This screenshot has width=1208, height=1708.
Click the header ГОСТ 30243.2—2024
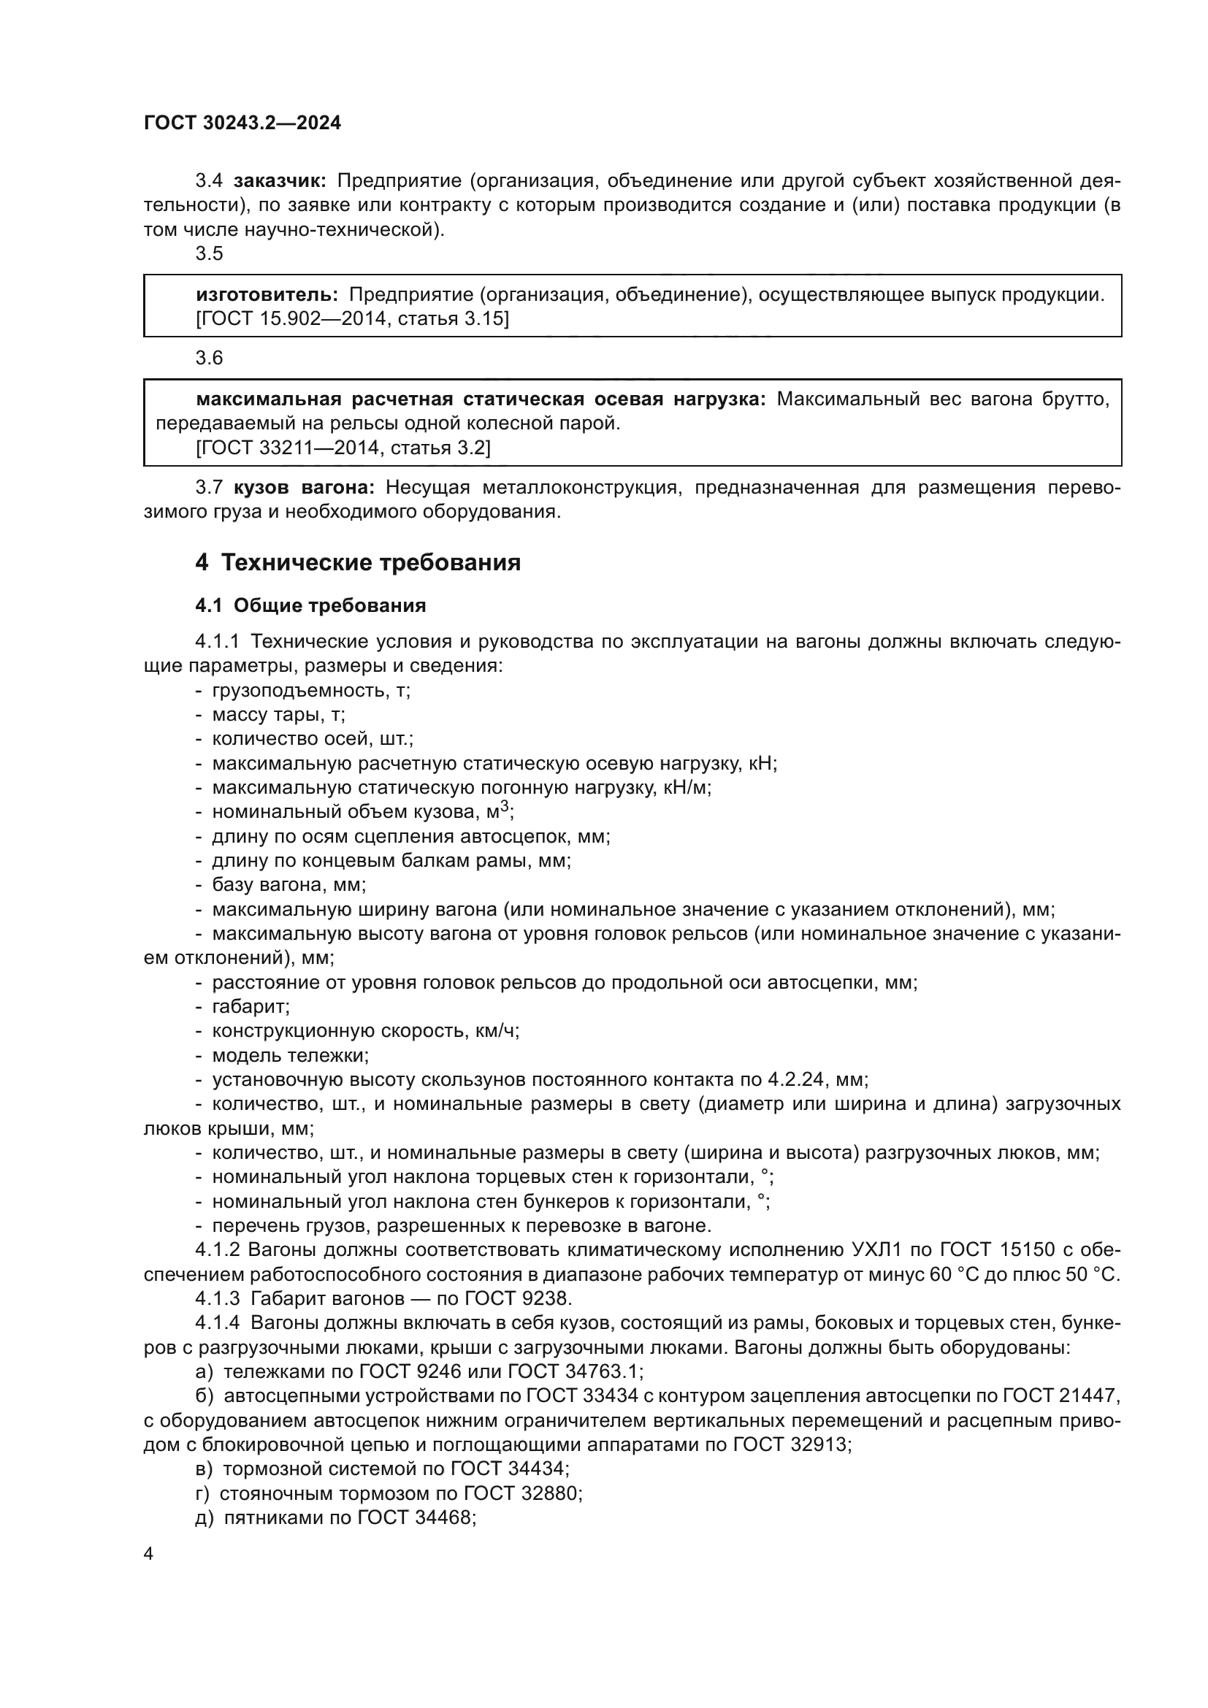(242, 123)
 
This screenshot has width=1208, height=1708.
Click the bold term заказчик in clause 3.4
(279, 181)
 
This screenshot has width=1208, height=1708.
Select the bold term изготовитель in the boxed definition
(267, 294)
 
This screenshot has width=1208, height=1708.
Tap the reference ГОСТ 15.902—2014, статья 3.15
(353, 319)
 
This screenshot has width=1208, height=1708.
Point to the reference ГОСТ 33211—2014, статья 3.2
(343, 448)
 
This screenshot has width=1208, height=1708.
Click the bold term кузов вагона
(304, 488)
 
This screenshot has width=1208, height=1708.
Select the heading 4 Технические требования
(358, 562)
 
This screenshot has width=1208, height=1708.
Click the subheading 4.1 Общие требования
(310, 605)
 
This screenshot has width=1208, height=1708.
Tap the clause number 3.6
(209, 359)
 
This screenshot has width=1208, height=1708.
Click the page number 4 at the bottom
(148, 1554)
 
